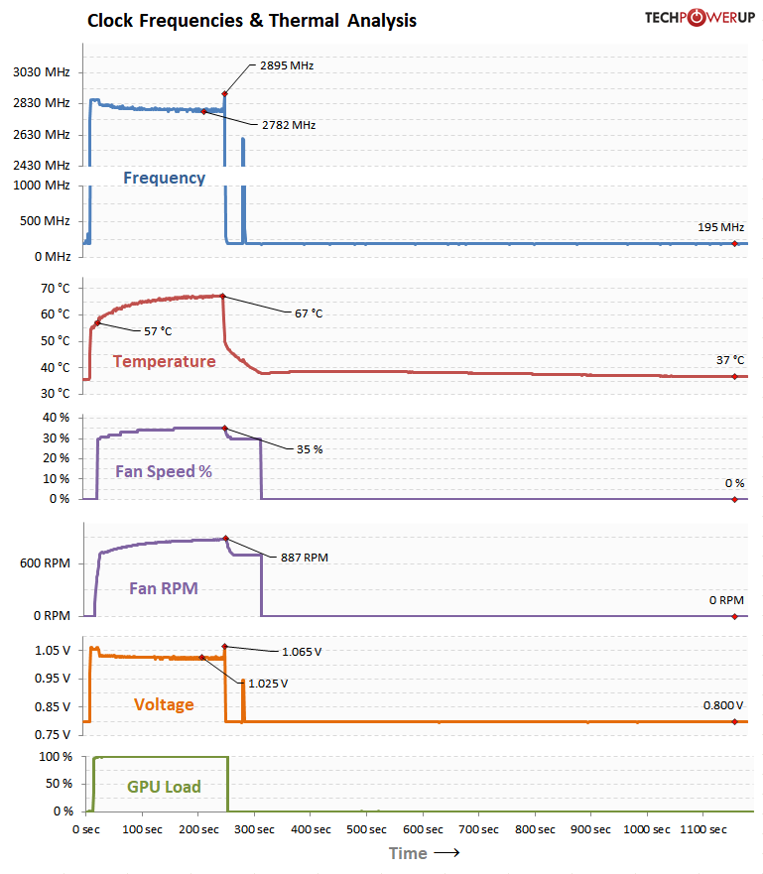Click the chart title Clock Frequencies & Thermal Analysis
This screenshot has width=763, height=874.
click(x=252, y=20)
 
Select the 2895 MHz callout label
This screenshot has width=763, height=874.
click(x=287, y=65)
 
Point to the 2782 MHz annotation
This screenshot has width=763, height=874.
click(x=289, y=125)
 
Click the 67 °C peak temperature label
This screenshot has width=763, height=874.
click(x=309, y=313)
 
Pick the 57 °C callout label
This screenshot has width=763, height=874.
click(x=158, y=330)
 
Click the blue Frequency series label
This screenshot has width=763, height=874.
click(x=164, y=179)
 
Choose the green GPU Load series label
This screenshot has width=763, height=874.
click(x=164, y=787)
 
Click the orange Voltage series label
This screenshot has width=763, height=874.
click(x=164, y=704)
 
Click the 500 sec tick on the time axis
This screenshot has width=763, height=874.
click(x=367, y=829)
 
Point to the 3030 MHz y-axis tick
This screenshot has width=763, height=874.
click(x=41, y=72)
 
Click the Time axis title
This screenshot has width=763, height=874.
click(x=408, y=853)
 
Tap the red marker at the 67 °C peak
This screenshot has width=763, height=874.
click(x=222, y=296)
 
